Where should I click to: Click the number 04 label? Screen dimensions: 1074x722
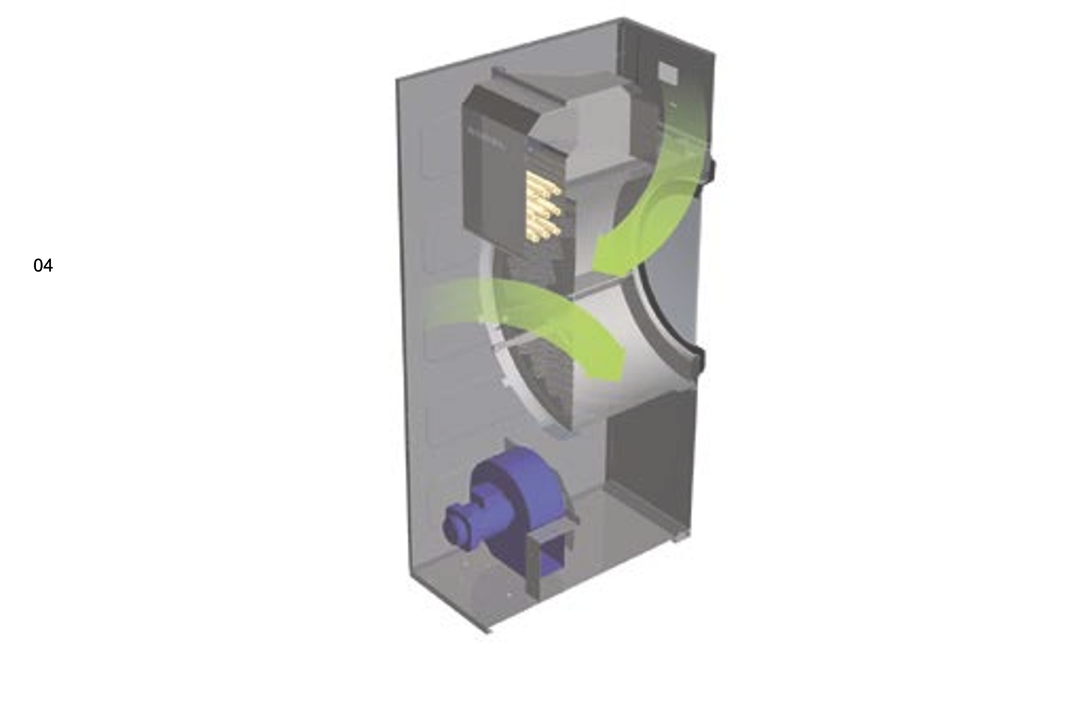pyautogui.click(x=43, y=266)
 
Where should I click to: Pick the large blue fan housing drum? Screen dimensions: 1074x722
pyautogui.click(x=521, y=501)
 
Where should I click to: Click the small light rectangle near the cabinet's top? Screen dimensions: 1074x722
pyautogui.click(x=669, y=73)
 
